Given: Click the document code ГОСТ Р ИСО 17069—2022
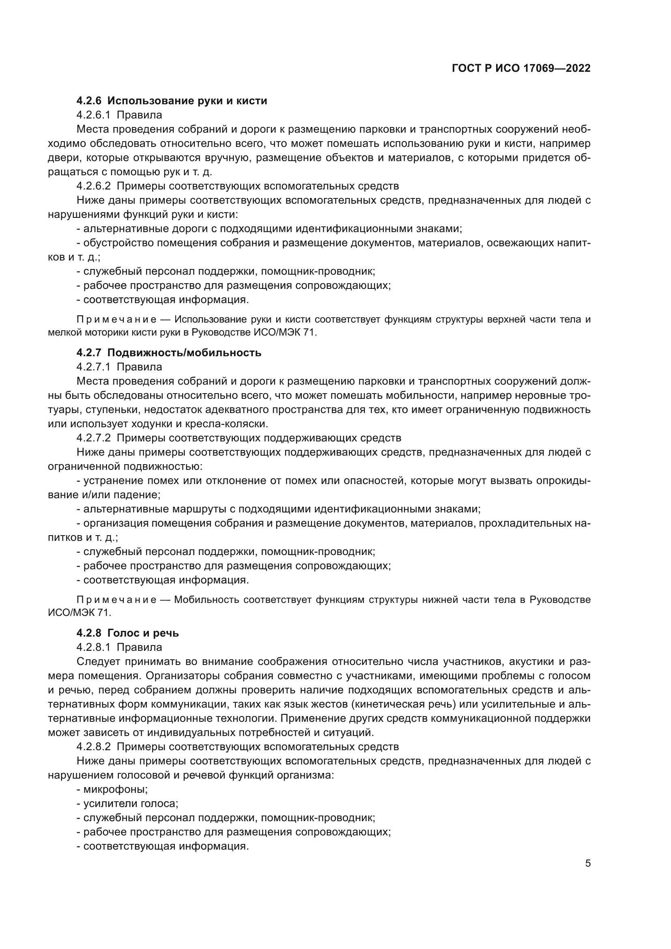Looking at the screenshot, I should coord(521,68).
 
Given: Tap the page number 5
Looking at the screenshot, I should coord(588,863).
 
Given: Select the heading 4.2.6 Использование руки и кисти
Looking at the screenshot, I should coord(172,101).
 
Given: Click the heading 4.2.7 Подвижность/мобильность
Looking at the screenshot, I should coord(169,353).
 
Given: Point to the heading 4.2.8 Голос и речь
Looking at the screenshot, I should coord(127,633).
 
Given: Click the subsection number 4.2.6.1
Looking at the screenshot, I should coord(93,115).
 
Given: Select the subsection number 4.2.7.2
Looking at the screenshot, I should coord(93,438).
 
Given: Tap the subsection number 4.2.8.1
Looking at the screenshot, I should coord(93,647).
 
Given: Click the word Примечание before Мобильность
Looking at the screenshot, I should coord(116,600).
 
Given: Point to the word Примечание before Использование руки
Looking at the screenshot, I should coord(116,319).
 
